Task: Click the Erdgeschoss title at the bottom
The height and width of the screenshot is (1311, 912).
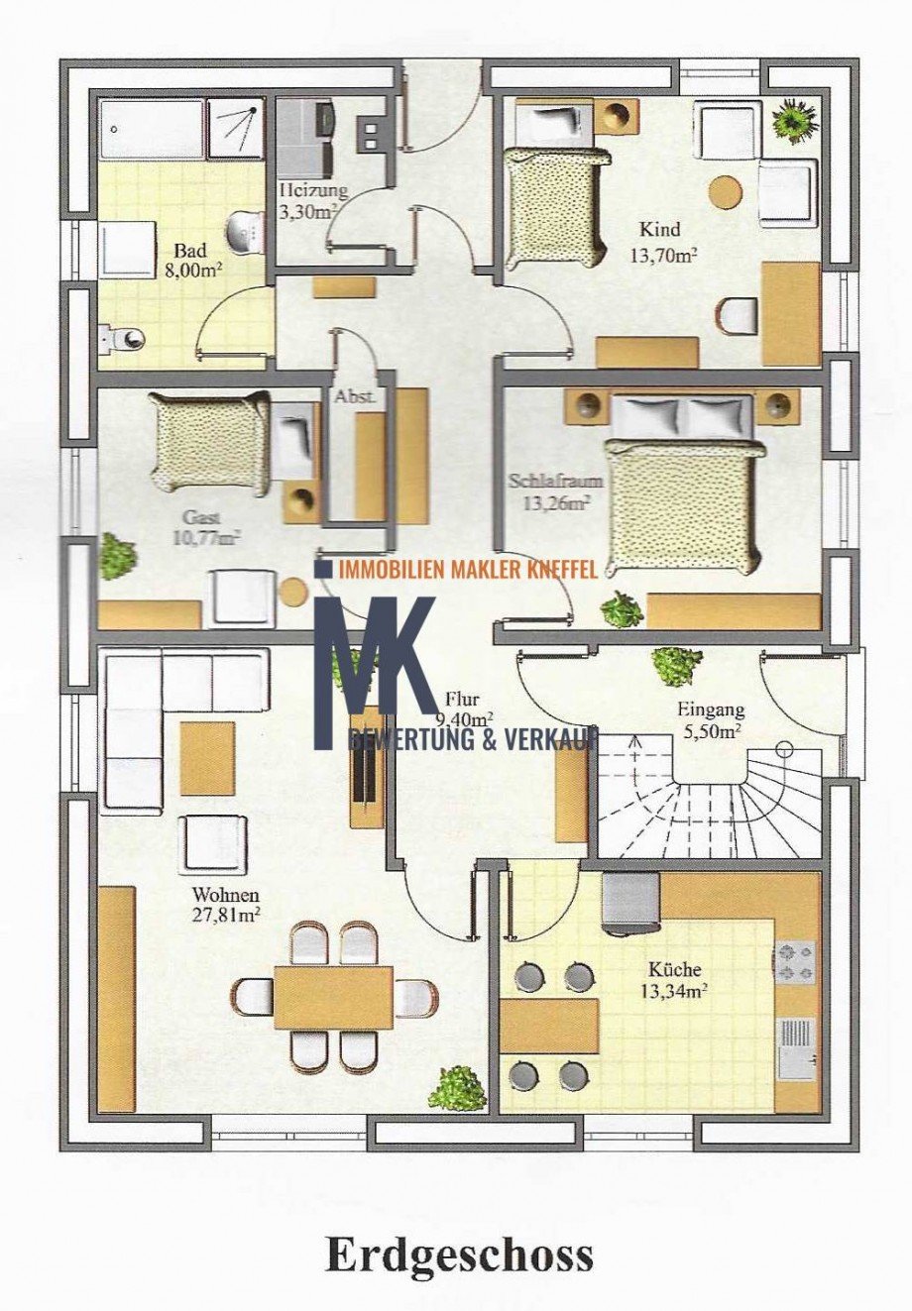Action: [460, 1255]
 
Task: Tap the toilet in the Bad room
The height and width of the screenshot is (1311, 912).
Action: [123, 337]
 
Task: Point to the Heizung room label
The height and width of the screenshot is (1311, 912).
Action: [313, 190]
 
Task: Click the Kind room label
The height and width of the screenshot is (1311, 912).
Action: [659, 230]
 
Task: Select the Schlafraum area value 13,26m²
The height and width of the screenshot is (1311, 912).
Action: [556, 503]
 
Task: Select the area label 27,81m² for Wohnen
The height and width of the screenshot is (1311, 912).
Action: [227, 915]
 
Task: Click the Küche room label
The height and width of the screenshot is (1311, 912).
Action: [674, 969]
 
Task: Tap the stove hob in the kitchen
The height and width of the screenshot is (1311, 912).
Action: [795, 961]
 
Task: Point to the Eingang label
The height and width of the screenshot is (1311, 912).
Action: [711, 710]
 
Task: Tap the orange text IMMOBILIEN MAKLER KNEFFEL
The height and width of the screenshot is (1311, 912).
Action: [468, 568]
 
